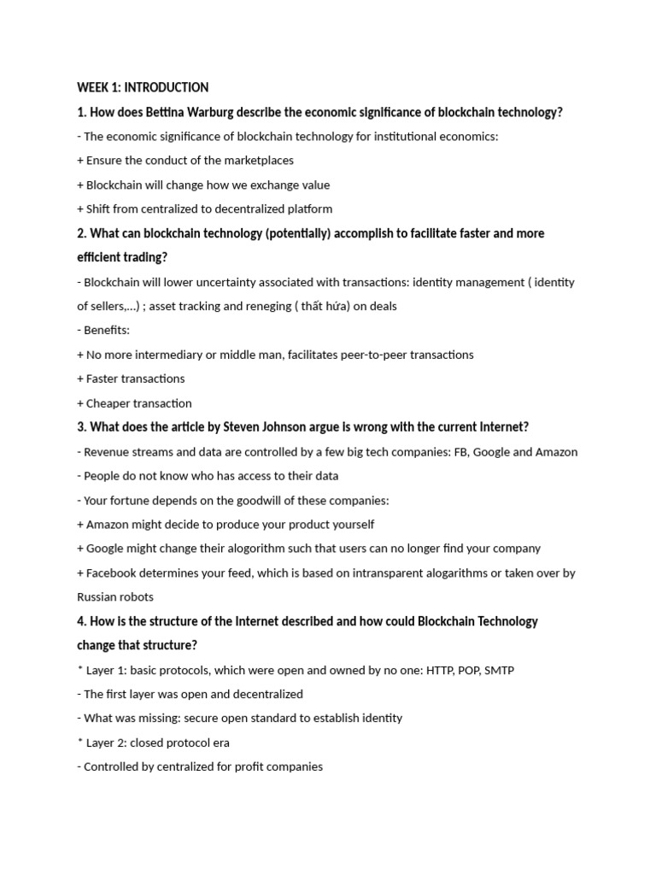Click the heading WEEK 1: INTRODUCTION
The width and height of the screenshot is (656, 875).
[x=143, y=87]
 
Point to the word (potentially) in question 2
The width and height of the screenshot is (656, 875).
[x=293, y=233]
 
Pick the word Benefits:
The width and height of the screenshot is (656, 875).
[x=107, y=330]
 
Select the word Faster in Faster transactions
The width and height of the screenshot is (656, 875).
[x=105, y=379]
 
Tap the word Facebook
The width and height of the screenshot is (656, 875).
[x=114, y=573]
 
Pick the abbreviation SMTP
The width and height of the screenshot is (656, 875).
[x=499, y=670]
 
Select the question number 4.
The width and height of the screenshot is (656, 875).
[x=80, y=621]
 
